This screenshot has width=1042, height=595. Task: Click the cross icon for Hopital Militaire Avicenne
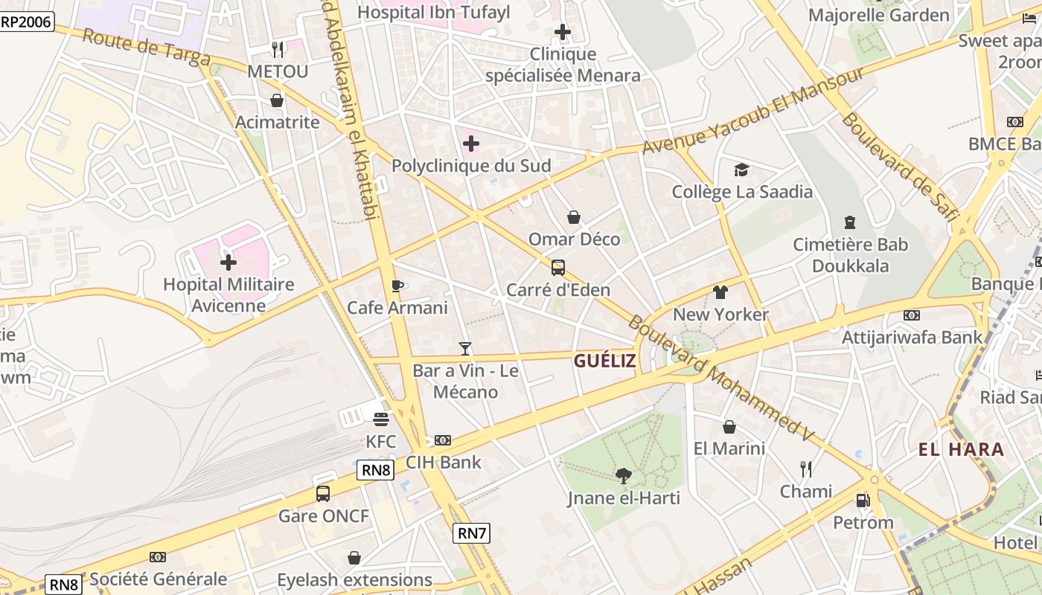(x=228, y=262)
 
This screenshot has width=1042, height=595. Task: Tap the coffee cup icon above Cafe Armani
(x=397, y=286)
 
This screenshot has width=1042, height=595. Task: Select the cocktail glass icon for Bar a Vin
(x=465, y=348)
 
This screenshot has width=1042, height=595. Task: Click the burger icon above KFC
(x=381, y=419)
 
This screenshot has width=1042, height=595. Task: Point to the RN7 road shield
(x=472, y=533)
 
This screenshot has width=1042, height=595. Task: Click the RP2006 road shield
(x=27, y=22)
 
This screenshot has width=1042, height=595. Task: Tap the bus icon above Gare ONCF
(x=323, y=494)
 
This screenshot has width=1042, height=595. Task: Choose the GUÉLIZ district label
(x=604, y=361)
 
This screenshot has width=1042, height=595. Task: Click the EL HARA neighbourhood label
(x=961, y=449)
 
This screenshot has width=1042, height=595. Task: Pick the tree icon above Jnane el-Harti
(x=624, y=476)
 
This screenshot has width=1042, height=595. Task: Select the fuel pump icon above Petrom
(x=863, y=501)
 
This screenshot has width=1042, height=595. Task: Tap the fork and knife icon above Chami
(x=806, y=469)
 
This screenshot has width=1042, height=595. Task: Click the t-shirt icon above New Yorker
(x=720, y=292)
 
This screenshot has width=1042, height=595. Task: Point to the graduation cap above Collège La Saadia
(x=741, y=170)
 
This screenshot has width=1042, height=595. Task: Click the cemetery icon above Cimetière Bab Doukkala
(x=850, y=222)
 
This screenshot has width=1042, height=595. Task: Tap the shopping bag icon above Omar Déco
(x=574, y=217)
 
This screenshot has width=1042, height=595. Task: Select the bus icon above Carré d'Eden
(x=557, y=268)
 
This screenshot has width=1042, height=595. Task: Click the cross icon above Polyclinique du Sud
(x=470, y=144)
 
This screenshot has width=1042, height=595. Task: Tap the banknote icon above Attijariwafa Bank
(x=911, y=315)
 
